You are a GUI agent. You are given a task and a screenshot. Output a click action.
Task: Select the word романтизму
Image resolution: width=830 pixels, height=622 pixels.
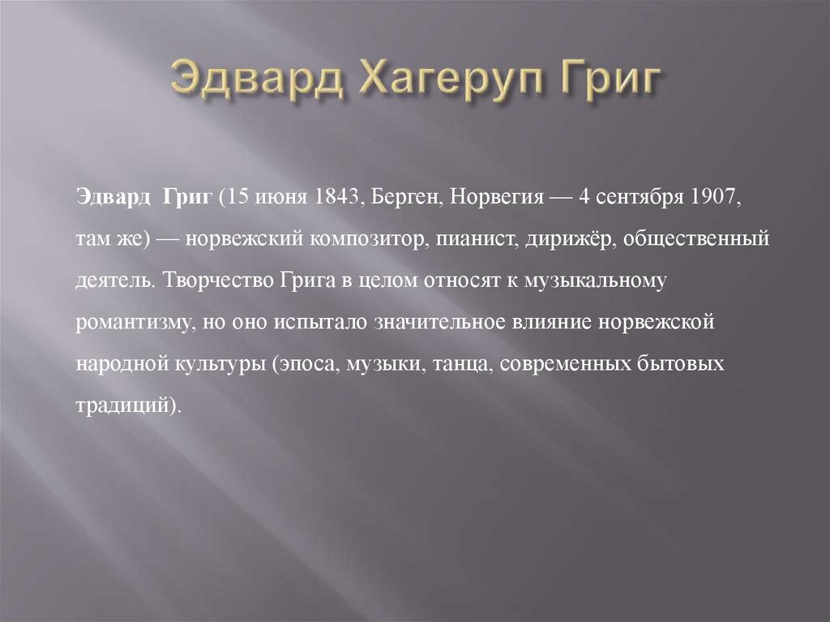[133, 322]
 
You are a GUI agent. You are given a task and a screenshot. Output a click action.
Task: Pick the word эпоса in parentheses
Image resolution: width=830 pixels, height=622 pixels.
[309, 362]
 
